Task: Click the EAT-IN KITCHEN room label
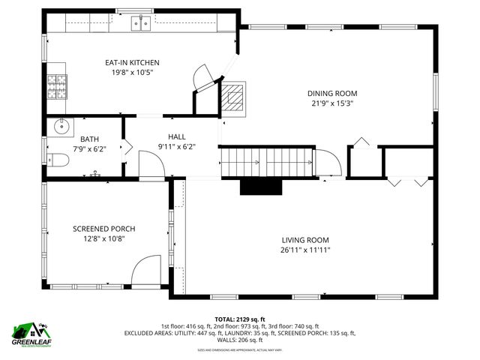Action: tap(132, 62)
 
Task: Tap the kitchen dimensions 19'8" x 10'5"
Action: tap(132, 73)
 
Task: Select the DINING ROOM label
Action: tap(332, 94)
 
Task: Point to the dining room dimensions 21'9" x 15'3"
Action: tap(332, 104)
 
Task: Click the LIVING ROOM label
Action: tap(305, 239)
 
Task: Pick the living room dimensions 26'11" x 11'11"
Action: tap(305, 250)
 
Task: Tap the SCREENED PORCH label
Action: tap(104, 229)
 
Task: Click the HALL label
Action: tap(177, 136)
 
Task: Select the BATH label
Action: tap(89, 138)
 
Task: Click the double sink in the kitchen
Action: tap(140, 24)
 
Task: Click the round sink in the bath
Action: tap(60, 127)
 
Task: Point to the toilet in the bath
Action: tap(58, 159)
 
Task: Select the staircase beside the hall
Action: tap(265, 162)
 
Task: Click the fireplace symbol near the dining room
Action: tap(232, 97)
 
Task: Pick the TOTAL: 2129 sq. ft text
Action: tap(240, 319)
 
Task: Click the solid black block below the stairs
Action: tap(260, 186)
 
